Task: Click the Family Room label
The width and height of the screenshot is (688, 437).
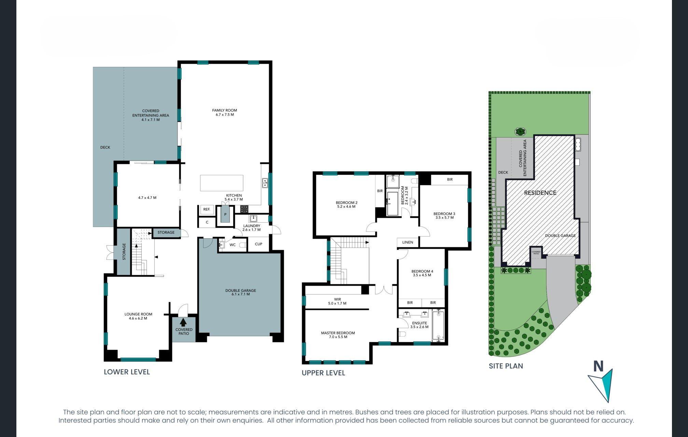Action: click(x=224, y=112)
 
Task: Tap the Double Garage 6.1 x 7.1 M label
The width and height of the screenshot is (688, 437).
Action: click(x=240, y=292)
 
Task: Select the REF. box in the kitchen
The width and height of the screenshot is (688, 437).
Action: click(x=207, y=209)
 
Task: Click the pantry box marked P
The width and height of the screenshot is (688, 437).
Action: click(x=225, y=215)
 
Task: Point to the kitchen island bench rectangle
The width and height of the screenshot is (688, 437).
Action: click(x=222, y=183)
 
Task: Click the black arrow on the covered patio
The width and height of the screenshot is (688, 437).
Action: click(x=183, y=322)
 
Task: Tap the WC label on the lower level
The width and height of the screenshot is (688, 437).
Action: click(x=233, y=245)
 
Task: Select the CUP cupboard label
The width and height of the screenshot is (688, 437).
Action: click(x=258, y=244)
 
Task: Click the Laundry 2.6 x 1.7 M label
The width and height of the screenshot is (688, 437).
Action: click(x=252, y=228)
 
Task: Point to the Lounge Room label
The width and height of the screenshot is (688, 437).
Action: click(x=138, y=316)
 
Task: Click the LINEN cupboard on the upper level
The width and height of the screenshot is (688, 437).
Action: click(x=408, y=242)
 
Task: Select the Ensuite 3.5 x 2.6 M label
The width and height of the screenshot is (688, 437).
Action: click(x=419, y=325)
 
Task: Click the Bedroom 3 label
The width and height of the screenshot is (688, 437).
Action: click(x=444, y=215)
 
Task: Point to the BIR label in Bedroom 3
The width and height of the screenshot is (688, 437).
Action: click(x=450, y=180)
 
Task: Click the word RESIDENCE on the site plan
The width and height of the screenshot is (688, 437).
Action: click(x=540, y=193)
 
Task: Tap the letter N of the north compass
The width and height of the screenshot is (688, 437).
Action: click(x=598, y=366)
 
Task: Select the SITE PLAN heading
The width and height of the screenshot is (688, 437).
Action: click(x=506, y=366)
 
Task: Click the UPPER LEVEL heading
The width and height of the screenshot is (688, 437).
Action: click(x=323, y=373)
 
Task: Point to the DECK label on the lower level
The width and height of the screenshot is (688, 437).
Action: click(x=105, y=147)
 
